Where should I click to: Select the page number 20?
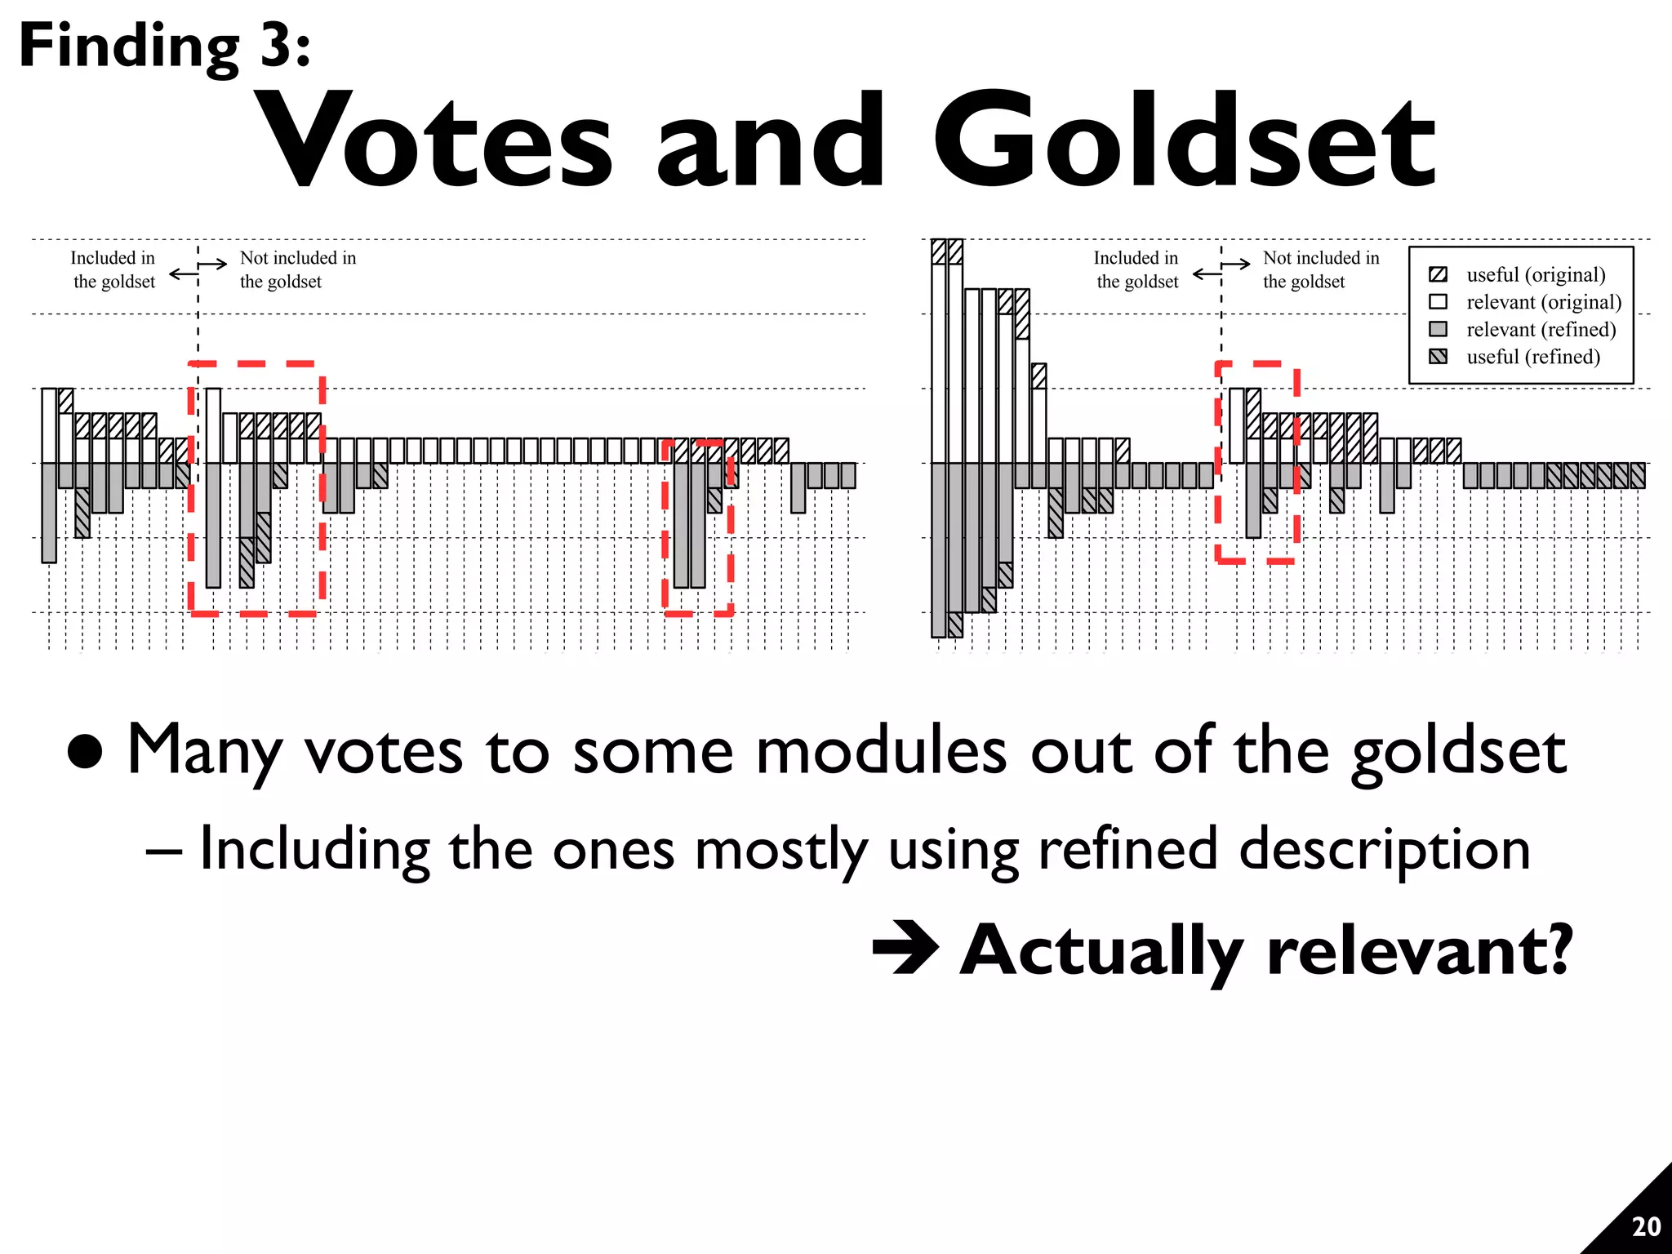1645,1226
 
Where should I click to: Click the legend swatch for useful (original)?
1439,274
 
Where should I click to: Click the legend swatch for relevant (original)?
1439,302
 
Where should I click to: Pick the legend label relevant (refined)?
1541,330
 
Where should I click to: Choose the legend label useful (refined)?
1532,357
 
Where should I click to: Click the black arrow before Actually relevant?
905,948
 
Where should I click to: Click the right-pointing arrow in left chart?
214,264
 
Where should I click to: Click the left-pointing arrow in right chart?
1207,274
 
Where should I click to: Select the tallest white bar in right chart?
939,363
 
